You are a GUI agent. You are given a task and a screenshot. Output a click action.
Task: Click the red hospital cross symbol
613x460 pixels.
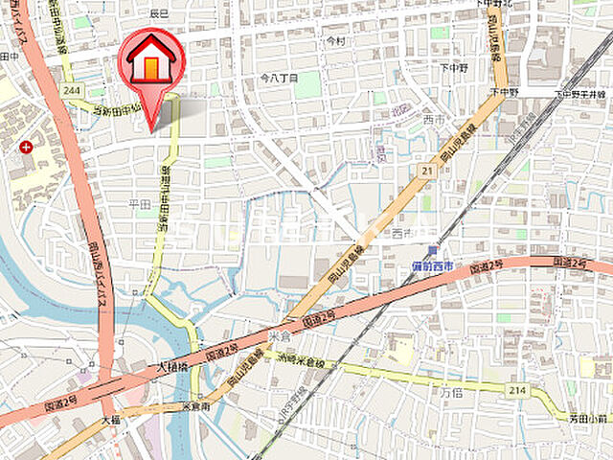point(25,147)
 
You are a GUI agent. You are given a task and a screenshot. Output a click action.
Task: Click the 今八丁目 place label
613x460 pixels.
point(279,76)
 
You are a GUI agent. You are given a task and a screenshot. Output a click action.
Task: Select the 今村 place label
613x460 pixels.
point(334,41)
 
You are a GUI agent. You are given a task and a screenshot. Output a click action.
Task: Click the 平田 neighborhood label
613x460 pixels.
point(140,204)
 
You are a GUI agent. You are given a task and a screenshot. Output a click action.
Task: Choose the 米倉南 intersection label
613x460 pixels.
point(197,405)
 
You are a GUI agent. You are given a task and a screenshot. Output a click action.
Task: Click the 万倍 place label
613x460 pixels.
point(452,392)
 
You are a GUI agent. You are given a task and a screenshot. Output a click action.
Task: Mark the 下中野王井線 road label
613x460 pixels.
point(581,94)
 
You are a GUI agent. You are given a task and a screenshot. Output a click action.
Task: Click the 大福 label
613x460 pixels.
point(109,419)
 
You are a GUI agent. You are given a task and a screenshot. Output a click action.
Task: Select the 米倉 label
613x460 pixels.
point(280,336)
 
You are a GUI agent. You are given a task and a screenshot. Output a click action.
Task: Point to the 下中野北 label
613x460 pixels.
point(494,5)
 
